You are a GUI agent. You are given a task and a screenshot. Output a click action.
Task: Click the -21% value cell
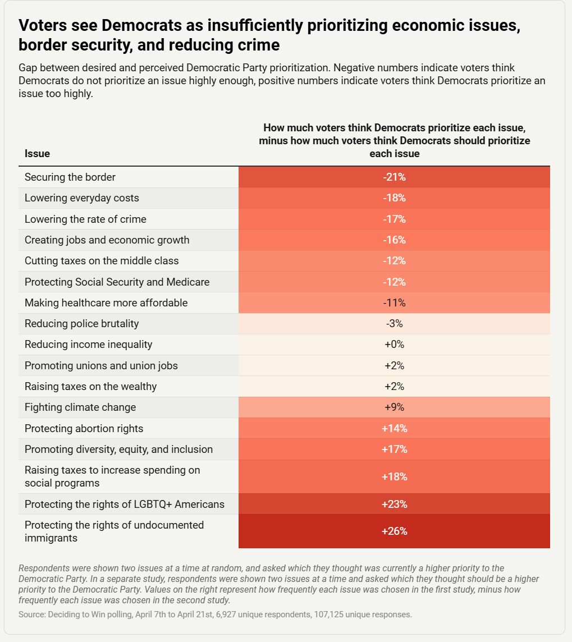coord(394,177)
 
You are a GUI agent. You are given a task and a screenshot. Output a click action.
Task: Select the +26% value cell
coord(394,531)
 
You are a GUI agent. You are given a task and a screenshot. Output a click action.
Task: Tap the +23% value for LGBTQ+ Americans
coord(394,504)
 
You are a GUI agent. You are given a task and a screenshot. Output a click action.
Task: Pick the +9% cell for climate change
coord(394,407)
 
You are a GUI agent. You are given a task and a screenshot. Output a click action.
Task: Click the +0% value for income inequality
coord(394,345)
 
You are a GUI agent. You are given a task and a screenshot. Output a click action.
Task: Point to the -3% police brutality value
coord(394,324)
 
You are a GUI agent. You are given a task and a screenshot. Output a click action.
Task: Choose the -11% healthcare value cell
coord(394,303)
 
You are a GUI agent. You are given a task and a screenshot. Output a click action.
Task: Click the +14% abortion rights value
coord(394,429)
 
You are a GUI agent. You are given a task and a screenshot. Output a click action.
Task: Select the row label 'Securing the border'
coord(70,177)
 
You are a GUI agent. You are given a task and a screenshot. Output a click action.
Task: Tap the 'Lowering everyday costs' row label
coord(82,198)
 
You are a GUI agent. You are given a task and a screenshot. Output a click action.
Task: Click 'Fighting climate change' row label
coord(80,407)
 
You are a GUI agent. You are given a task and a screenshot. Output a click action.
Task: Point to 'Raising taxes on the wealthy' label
coord(91,387)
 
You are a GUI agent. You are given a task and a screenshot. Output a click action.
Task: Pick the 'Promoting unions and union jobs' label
coord(101,366)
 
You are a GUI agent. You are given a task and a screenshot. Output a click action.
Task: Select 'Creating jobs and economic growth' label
coord(107,240)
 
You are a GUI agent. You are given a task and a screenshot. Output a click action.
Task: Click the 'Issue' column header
coord(37,154)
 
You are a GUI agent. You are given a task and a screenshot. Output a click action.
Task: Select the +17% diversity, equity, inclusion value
coord(394,450)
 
